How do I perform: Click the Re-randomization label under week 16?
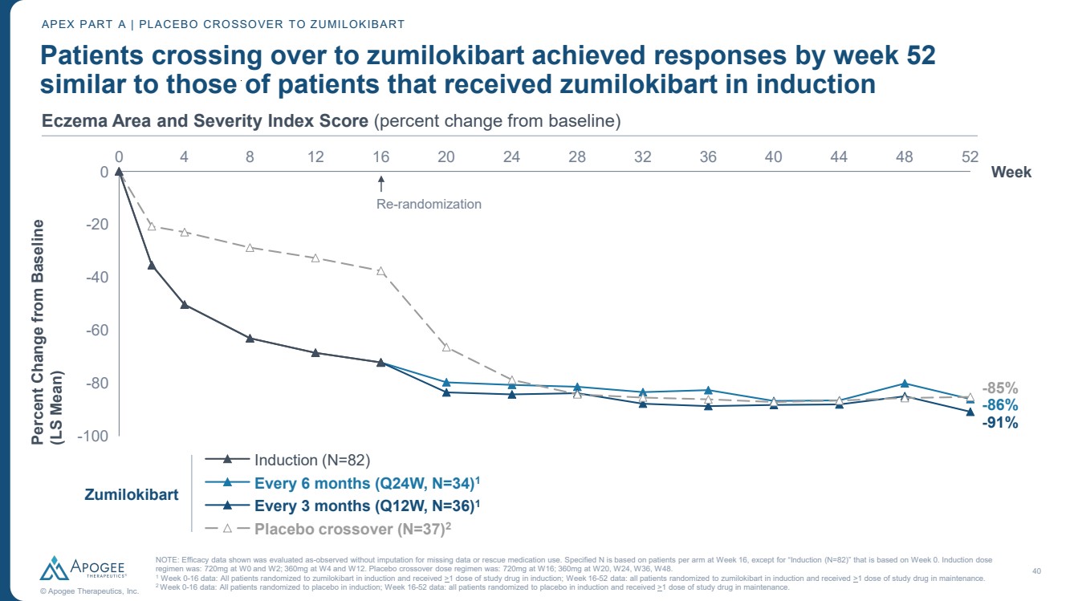coord(429,204)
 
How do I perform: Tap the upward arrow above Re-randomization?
coord(382,184)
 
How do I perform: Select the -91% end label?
coord(1000,423)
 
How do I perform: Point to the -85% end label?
coord(1000,387)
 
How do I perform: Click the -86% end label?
coord(1000,405)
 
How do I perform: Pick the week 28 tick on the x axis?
coord(577,156)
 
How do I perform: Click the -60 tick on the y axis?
coord(97,330)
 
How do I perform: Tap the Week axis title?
coord(1011,172)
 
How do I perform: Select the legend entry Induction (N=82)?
coord(311,460)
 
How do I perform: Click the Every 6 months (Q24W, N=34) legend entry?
coord(368,483)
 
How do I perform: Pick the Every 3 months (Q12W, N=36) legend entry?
coord(368,506)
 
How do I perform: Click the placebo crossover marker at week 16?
coord(381,271)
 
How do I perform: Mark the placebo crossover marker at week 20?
coord(446,347)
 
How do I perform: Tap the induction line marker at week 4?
coord(185,305)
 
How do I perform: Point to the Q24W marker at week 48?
coord(905,384)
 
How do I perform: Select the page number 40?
coord(1035,571)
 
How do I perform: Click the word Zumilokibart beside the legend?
coord(132,494)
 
